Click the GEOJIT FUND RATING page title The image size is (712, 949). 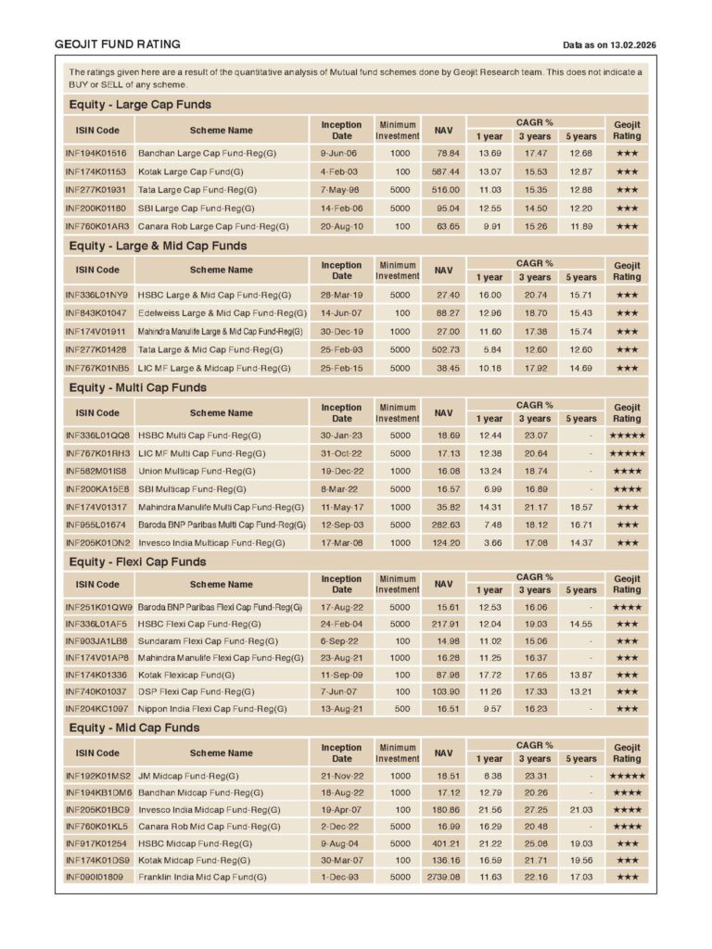point(118,44)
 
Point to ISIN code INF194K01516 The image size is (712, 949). point(95,153)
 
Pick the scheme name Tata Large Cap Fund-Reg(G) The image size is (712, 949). point(197,189)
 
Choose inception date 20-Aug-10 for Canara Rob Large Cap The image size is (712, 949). point(341,225)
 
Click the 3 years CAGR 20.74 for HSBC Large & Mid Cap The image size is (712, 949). point(536,295)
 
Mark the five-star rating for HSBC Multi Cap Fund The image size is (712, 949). point(627,436)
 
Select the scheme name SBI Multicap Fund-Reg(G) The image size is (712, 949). point(192,489)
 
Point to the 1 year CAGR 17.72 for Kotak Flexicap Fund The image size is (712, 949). point(489,674)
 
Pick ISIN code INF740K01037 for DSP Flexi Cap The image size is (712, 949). point(95,691)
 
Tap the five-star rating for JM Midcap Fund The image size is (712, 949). point(627,776)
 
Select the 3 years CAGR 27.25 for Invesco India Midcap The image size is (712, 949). point(536,809)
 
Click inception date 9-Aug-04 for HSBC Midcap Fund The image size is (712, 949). point(341,843)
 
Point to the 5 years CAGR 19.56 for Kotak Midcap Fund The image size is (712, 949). point(581,860)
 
